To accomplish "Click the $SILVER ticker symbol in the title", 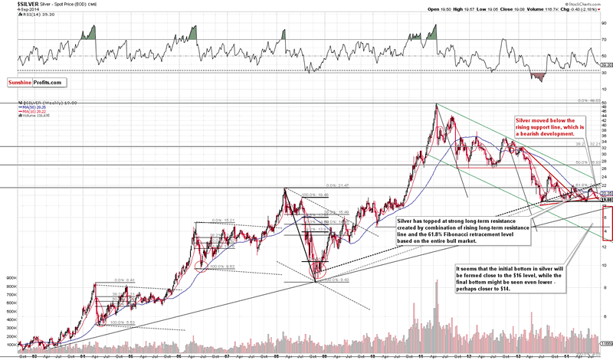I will (16, 4).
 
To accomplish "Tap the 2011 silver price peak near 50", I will (438, 105).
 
